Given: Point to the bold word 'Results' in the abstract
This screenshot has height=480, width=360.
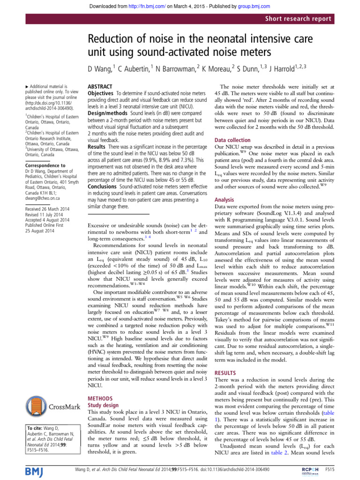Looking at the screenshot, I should tap(98, 134).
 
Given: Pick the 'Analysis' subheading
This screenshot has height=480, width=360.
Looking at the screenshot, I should tap(225, 199).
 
